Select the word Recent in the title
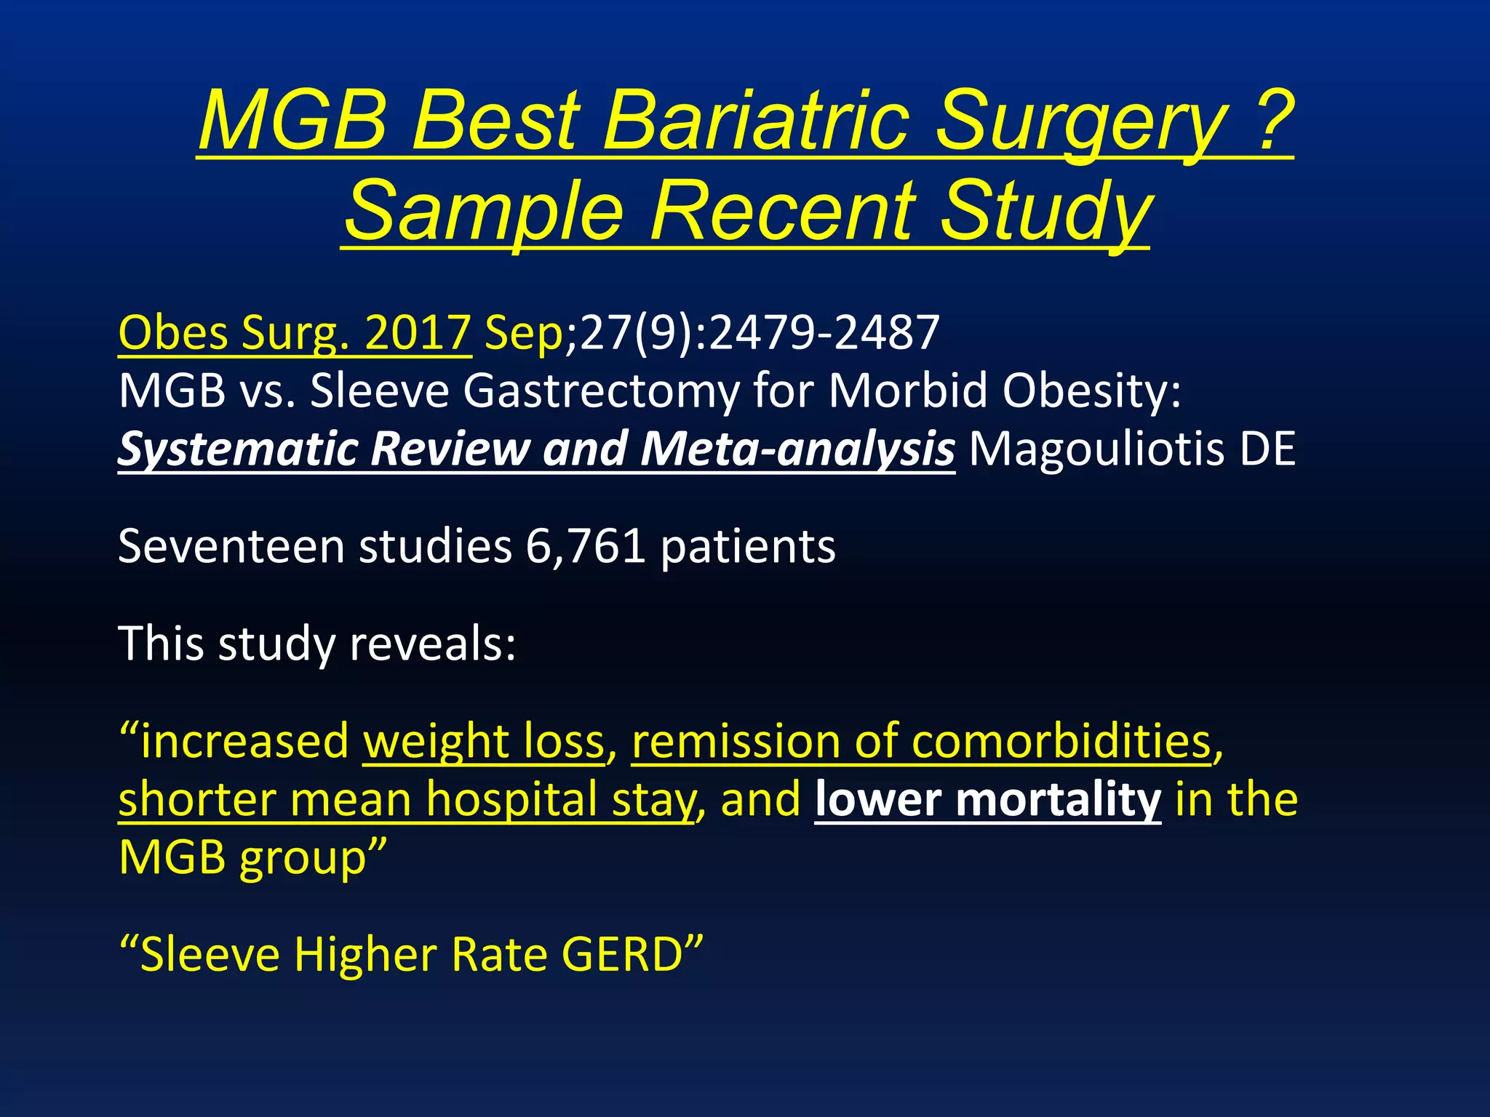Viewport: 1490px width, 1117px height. tap(782, 212)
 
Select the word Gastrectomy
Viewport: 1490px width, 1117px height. tap(600, 391)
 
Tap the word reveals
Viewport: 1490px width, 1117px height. tap(432, 644)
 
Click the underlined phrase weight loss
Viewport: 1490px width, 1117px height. tap(484, 742)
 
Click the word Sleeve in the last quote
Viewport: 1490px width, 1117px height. tap(210, 954)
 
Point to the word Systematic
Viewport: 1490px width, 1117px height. tap(237, 449)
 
